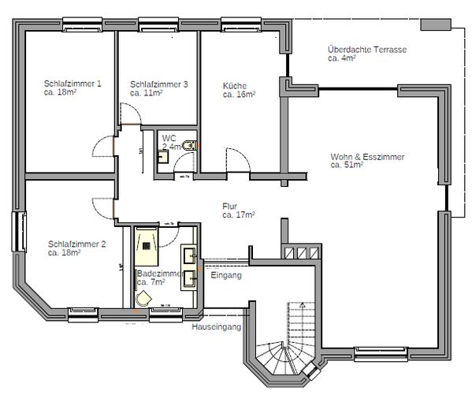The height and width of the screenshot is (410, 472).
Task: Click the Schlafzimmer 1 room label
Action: coord(72,84)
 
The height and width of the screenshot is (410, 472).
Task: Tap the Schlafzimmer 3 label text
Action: coord(159,84)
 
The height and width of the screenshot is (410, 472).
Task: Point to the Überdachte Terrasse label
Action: coord(367,50)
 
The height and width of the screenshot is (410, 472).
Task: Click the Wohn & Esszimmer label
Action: coord(367,157)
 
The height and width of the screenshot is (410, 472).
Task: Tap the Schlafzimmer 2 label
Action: coord(76,244)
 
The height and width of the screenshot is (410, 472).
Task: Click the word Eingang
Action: coord(226,276)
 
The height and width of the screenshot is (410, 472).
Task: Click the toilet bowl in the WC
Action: coord(189,144)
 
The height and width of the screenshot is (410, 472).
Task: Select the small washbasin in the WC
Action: coord(162,156)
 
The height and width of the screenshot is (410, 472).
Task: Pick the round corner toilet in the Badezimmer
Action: coord(143,297)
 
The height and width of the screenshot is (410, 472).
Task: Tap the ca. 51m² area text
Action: coord(347,166)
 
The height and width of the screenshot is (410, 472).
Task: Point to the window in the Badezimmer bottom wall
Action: coord(166,312)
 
